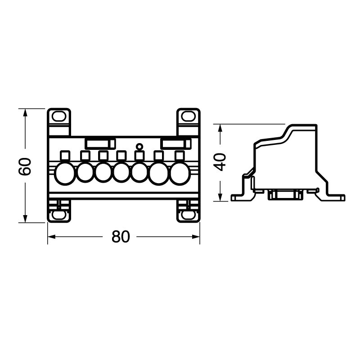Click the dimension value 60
point(26,166)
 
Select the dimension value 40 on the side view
point(220,162)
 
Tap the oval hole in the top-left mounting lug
point(58,117)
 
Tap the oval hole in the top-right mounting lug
point(188,117)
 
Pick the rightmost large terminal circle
point(179,173)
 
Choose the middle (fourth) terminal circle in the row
point(121,173)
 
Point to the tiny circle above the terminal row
point(139,146)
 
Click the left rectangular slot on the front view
point(99,143)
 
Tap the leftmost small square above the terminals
point(64,156)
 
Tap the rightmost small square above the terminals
point(179,156)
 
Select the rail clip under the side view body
point(283,195)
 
